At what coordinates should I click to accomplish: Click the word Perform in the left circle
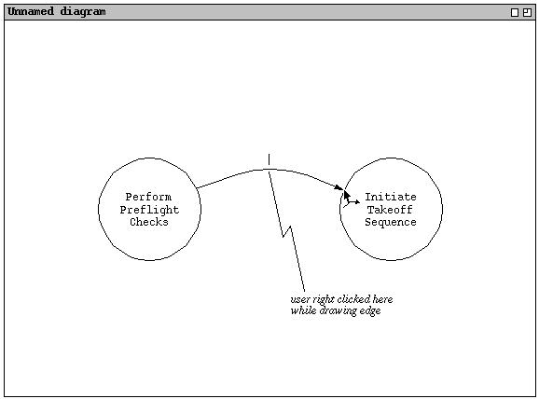[x=148, y=197]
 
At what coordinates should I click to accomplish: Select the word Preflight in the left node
[x=149, y=210]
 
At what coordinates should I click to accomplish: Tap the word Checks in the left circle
[x=149, y=222]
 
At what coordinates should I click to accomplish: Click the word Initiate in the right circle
[x=391, y=197]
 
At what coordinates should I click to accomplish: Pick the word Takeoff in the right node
[x=390, y=210]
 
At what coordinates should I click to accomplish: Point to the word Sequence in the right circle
[x=391, y=222]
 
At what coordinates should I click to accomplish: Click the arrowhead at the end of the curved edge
[x=339, y=187]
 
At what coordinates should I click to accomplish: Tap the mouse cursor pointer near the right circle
[x=347, y=198]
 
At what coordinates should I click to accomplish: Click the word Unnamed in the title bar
[x=31, y=11]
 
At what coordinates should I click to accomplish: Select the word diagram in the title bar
[x=83, y=12]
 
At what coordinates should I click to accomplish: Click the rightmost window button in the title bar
[x=527, y=13]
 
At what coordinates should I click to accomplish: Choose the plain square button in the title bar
[x=515, y=13]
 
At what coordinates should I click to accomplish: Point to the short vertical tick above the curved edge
[x=269, y=159]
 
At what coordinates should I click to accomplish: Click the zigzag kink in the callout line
[x=287, y=231]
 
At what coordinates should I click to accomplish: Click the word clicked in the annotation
[x=353, y=299]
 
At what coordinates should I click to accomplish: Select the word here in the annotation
[x=382, y=299]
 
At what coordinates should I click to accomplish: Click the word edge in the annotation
[x=371, y=311]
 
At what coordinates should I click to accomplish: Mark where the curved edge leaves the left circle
[x=196, y=188]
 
